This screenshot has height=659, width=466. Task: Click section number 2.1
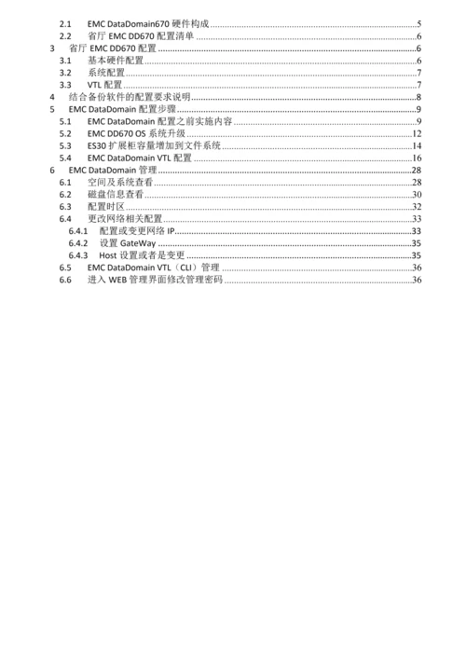64,22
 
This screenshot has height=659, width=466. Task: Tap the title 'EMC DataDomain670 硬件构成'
147,22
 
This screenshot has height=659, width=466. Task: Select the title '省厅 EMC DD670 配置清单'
141,35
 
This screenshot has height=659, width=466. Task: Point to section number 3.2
64,73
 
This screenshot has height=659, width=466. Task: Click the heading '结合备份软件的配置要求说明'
129,98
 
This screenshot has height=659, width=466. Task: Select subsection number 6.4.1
78,230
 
